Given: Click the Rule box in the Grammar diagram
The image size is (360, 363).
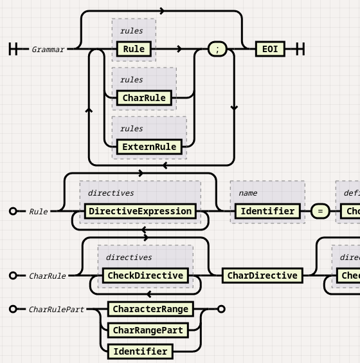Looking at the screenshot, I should pyautogui.click(x=134, y=49).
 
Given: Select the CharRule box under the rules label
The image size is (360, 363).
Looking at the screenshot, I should pyautogui.click(x=145, y=98).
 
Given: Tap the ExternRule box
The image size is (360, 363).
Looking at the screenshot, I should pyautogui.click(x=149, y=147).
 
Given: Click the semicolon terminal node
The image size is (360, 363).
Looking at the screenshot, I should pyautogui.click(x=217, y=49).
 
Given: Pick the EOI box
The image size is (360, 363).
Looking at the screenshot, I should pyautogui.click(x=270, y=49).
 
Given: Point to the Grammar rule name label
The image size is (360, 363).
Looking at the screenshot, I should pyautogui.click(x=48, y=50).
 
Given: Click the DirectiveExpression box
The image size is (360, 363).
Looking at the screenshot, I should pyautogui.click(x=140, y=211).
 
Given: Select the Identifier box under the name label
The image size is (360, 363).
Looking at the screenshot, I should pyautogui.click(x=267, y=211).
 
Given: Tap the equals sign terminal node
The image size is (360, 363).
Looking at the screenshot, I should pyautogui.click(x=320, y=211).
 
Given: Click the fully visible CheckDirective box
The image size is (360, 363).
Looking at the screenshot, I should pyautogui.click(x=146, y=275).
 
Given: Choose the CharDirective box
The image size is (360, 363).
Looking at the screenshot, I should pyautogui.click(x=263, y=275).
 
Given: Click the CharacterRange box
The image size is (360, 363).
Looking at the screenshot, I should pyautogui.click(x=150, y=309).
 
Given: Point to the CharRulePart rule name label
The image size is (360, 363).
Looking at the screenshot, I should pyautogui.click(x=57, y=310).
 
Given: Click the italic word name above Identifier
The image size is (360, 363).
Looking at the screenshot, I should pyautogui.click(x=248, y=193).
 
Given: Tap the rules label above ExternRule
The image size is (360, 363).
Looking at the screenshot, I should pyautogui.click(x=131, y=129).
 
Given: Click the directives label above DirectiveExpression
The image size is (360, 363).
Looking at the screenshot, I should pyautogui.click(x=111, y=193).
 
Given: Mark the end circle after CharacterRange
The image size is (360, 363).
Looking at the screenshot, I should pyautogui.click(x=221, y=309).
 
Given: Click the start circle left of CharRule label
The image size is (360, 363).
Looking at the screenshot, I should pyautogui.click(x=13, y=275).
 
